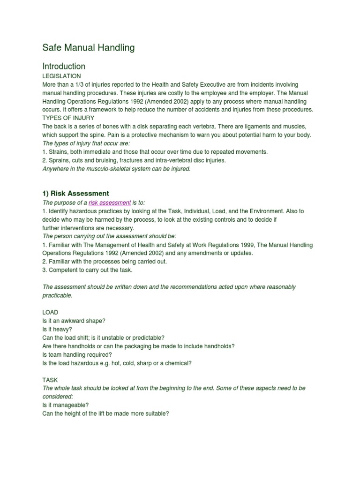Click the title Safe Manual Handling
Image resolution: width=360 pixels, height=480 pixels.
pyautogui.click(x=89, y=47)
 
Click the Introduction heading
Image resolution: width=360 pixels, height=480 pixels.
pyautogui.click(x=64, y=66)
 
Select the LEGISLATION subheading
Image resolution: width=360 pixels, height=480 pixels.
pyautogui.click(x=61, y=76)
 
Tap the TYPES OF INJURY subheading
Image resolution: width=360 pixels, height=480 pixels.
pyautogui.click(x=68, y=118)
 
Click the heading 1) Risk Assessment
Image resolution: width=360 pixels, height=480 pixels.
pyautogui.click(x=75, y=193)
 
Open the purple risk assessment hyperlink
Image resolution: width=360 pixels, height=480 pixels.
pyautogui.click(x=110, y=203)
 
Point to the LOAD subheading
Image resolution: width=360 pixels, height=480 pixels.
pyautogui.click(x=50, y=312)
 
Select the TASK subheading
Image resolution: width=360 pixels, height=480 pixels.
pyautogui.click(x=50, y=380)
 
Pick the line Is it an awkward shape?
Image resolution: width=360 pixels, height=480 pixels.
pyautogui.click(x=74, y=321)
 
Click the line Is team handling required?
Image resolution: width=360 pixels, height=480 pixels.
pyautogui.click(x=77, y=354)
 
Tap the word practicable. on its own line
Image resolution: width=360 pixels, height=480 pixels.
pyautogui.click(x=58, y=295)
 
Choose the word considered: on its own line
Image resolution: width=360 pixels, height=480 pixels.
pyautogui.click(x=57, y=397)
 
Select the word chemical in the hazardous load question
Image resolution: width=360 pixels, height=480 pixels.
pyautogui.click(x=179, y=363)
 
